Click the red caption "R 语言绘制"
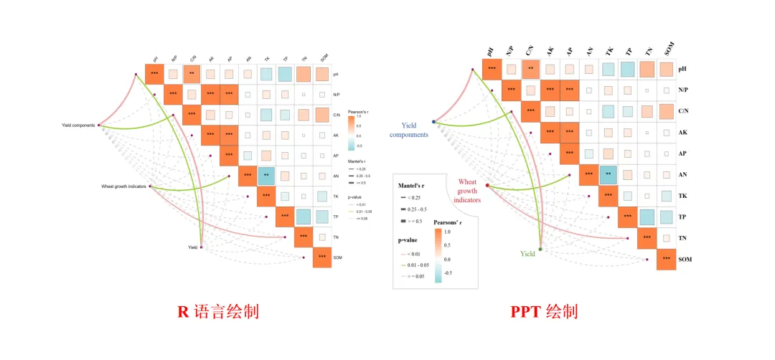click(x=217, y=312)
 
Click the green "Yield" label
click(x=527, y=254)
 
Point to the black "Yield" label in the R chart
click(x=192, y=247)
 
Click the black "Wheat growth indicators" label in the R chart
click(x=123, y=186)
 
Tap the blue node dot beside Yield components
click(x=434, y=122)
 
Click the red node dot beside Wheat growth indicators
click(x=488, y=186)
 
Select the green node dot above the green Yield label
click(x=540, y=248)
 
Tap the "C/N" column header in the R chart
click(x=193, y=59)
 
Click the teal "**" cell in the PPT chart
click(x=609, y=174)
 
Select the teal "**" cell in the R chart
click(x=266, y=175)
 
